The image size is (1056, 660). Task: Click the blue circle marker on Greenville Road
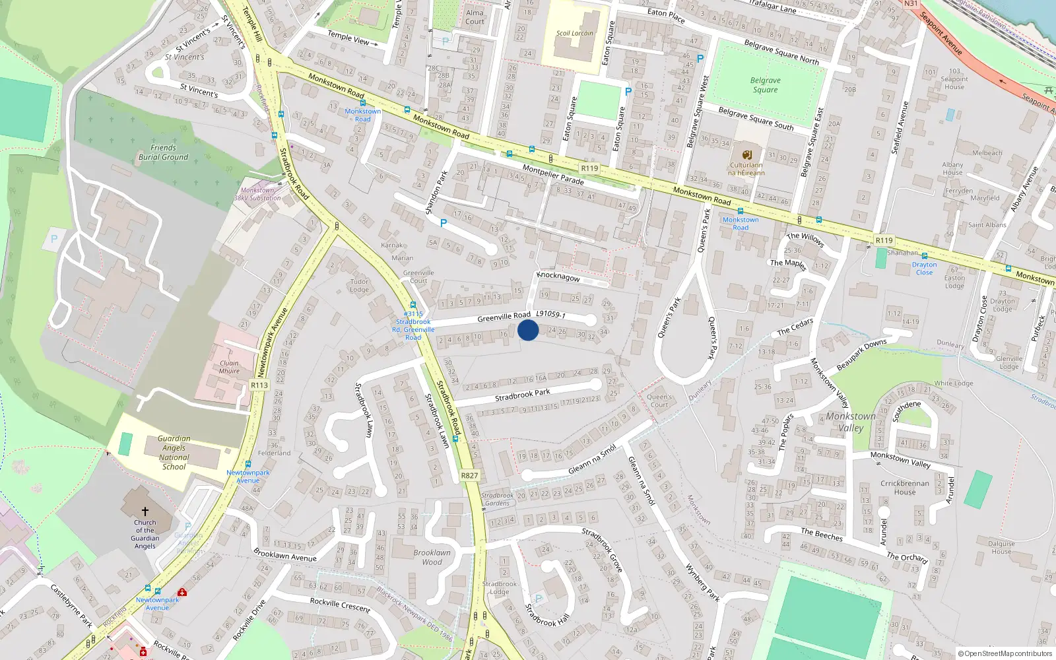(528, 330)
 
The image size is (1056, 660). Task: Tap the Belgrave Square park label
(765, 85)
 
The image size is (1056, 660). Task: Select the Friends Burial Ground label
(163, 152)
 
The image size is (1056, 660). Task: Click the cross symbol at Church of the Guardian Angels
(145, 511)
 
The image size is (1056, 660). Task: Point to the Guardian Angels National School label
(174, 453)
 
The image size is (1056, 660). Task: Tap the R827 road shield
(469, 475)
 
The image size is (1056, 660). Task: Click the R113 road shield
(259, 385)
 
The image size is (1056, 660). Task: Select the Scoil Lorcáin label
(574, 33)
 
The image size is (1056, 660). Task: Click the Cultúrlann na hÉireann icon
(746, 154)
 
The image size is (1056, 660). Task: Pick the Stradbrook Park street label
(522, 395)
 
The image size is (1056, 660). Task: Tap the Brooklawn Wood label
(432, 557)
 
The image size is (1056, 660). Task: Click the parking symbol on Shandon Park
(444, 223)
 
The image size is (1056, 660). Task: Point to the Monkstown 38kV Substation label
(257, 194)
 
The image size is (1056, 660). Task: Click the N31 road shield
(911, 3)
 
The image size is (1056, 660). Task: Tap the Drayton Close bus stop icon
(924, 256)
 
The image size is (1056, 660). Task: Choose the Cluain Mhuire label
(229, 367)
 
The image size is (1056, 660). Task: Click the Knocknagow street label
(558, 277)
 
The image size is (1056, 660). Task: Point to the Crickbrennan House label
(905, 488)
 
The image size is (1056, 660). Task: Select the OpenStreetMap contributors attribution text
(1005, 653)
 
